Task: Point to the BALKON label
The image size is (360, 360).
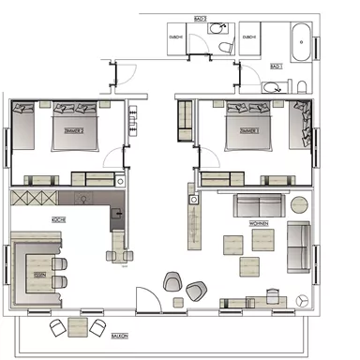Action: pyautogui.click(x=119, y=335)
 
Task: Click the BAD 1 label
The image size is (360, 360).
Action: pyautogui.click(x=276, y=67)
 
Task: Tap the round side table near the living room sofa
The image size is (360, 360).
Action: pyautogui.click(x=297, y=202)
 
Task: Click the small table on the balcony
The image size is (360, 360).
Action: pyautogui.click(x=77, y=326)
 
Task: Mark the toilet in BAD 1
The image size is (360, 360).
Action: pyautogui.click(x=272, y=87)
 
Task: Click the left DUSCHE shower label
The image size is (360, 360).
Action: pyautogui.click(x=175, y=37)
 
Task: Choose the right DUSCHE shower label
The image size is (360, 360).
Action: pyautogui.click(x=248, y=37)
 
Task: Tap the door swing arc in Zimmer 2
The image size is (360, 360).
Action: pyautogui.click(x=113, y=159)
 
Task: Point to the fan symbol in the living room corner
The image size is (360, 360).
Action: pyautogui.click(x=302, y=300)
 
